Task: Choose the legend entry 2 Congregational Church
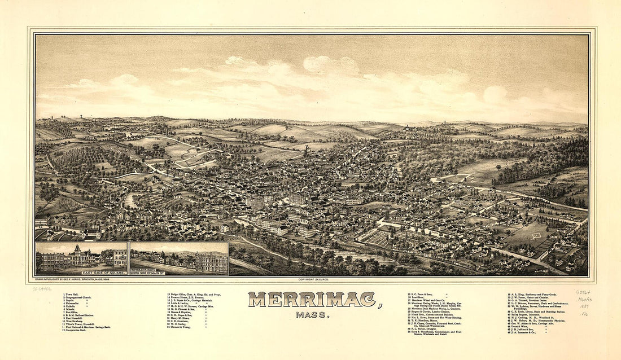(79, 297)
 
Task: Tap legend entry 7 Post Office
(73, 312)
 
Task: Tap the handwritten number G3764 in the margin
(583, 292)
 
